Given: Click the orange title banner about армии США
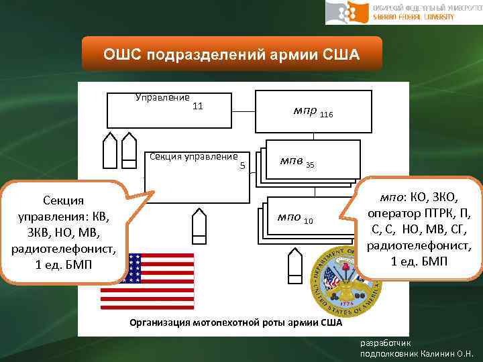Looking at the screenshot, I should coord(231,54).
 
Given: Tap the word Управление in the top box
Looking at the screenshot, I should coord(162,98).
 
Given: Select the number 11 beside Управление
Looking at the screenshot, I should coord(198,106).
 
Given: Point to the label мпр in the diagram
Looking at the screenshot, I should coord(305,111).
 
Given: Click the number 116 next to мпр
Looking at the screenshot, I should coord(326,115).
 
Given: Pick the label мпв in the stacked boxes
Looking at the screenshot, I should coord(291,162).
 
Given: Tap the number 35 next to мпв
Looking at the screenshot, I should coord(310,165).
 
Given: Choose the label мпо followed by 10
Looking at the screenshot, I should coord(289,218).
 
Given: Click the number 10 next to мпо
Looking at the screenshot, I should coord(309,221).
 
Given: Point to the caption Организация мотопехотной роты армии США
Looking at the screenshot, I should coord(235,323).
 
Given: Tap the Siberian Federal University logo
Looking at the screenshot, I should coord(402,12).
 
